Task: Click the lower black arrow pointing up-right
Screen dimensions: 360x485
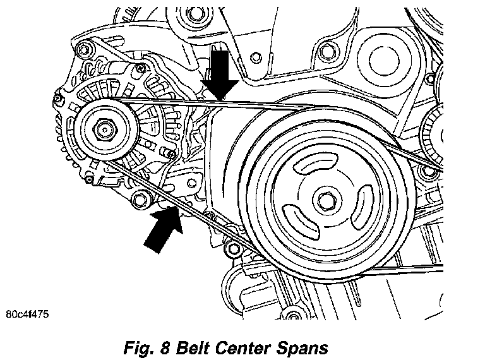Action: point(163,228)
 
